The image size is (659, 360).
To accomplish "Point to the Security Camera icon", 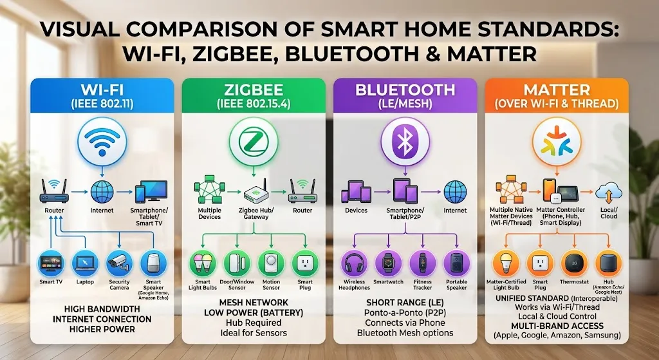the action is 119,263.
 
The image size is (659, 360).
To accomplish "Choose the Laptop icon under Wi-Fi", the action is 85,263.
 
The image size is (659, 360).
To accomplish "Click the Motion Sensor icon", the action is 271,263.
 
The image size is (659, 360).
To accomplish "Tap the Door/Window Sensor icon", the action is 237,263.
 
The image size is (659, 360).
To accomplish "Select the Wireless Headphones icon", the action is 355,263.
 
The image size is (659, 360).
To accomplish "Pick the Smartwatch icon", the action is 388,263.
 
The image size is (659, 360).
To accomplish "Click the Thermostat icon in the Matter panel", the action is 575,263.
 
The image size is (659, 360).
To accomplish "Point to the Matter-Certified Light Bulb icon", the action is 506,263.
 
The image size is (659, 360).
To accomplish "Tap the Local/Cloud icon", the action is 609,193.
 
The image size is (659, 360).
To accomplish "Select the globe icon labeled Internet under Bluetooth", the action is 455,192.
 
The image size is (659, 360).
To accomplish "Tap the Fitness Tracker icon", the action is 422,263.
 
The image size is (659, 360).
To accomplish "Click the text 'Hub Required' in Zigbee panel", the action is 254,323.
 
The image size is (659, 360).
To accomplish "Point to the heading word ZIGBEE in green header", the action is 254,90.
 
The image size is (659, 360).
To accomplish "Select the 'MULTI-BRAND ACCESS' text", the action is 557,326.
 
